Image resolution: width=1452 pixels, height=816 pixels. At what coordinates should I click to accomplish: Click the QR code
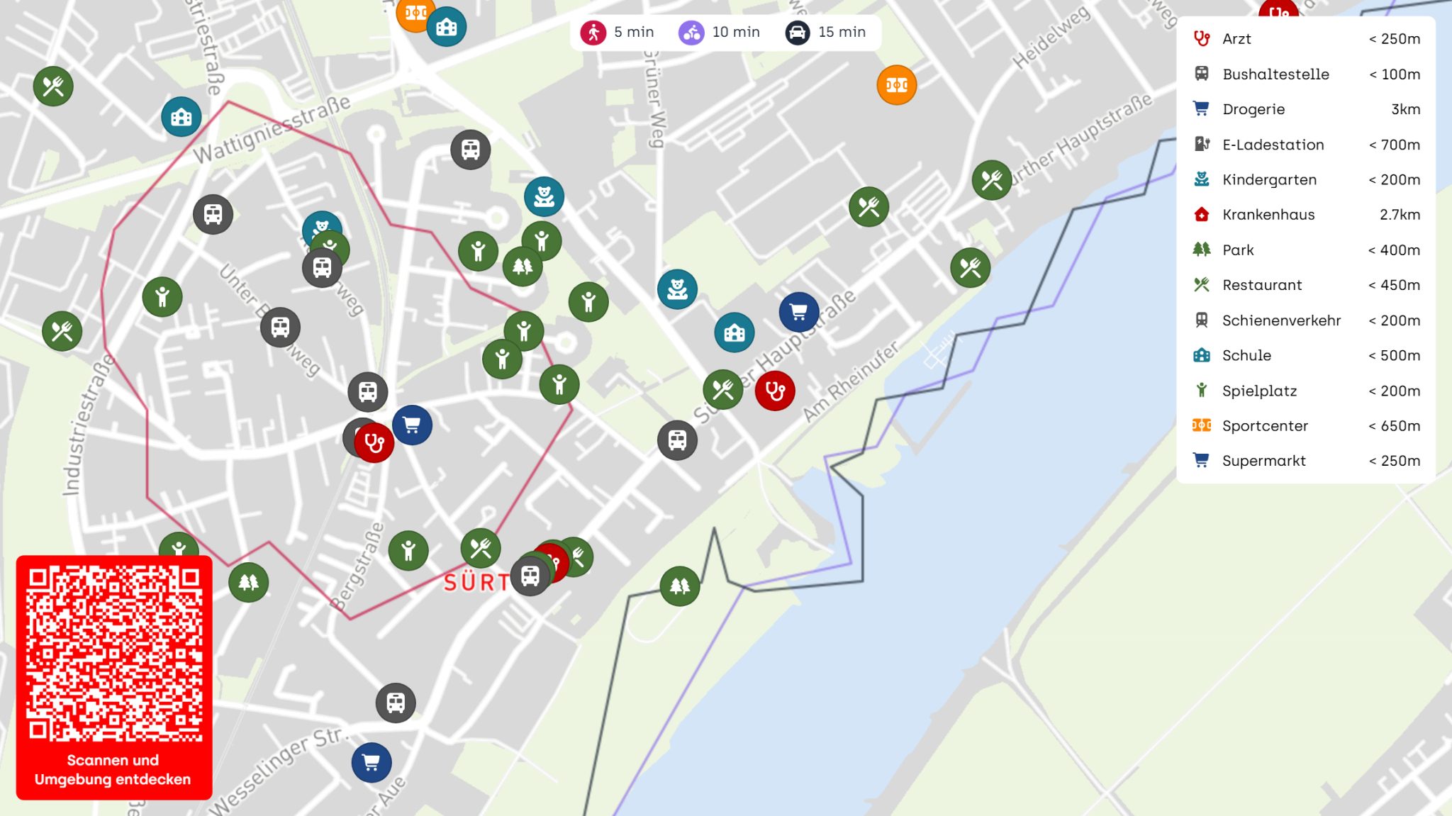tap(113, 653)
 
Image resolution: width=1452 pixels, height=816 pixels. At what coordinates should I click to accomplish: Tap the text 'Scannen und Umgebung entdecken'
tap(113, 770)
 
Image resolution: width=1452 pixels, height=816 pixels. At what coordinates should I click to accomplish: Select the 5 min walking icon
tap(593, 33)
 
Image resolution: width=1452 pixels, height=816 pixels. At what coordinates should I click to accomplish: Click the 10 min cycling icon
tap(691, 33)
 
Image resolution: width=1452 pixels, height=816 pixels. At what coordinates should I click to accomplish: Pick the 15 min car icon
tap(798, 33)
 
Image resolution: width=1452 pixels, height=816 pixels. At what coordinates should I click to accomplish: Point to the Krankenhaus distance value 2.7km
tap(1400, 215)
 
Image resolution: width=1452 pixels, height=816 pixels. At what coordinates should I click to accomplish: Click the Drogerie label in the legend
tap(1253, 109)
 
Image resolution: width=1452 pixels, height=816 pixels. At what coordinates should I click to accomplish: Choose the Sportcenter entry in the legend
tap(1265, 426)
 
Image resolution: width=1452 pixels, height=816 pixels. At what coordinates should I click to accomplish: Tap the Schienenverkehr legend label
tap(1281, 320)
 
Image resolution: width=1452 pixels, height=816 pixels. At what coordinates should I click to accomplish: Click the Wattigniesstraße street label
tap(272, 129)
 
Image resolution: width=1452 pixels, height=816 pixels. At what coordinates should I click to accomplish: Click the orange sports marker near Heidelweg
tap(897, 85)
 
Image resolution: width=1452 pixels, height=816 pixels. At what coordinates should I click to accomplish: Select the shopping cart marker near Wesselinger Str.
tap(372, 763)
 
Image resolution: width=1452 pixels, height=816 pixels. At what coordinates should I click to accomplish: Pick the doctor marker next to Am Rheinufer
tap(775, 391)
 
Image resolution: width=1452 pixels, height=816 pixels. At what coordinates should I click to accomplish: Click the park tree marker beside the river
tap(680, 586)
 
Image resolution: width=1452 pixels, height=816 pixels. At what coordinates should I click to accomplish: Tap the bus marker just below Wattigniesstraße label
tap(471, 150)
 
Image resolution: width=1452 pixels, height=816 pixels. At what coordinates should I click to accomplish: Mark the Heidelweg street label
tap(1051, 38)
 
